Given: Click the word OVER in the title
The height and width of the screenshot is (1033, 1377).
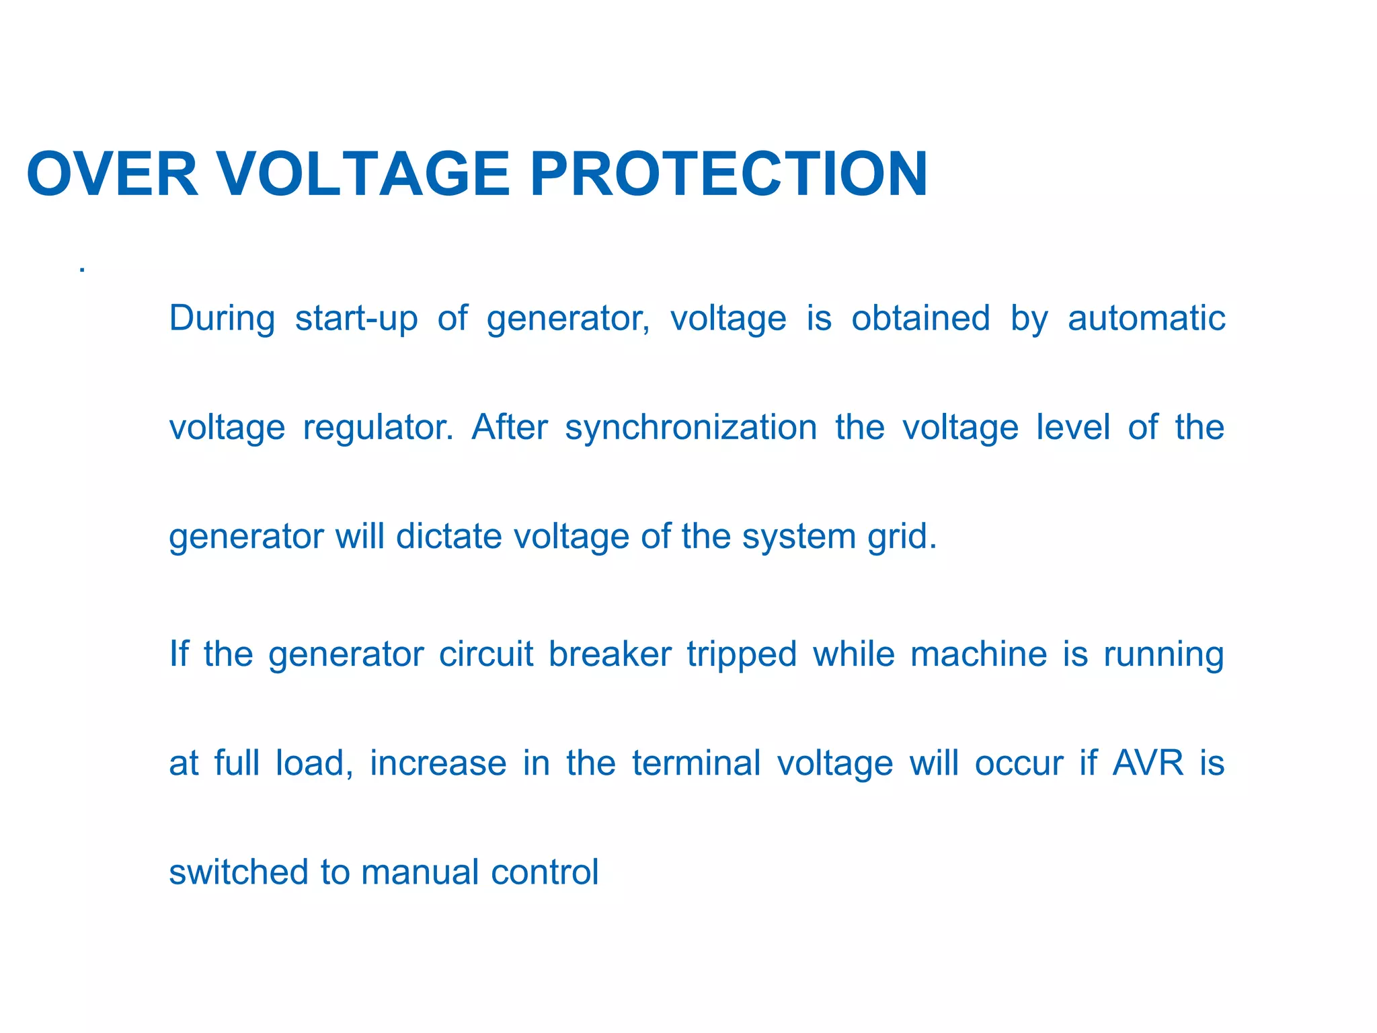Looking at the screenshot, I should click(112, 174).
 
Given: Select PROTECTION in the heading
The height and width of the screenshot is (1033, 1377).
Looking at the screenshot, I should click(729, 174).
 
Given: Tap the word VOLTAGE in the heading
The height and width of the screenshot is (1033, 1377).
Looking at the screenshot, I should click(364, 174).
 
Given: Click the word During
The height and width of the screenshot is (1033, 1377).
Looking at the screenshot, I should click(222, 319).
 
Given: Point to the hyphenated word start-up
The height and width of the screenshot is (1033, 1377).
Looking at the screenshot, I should click(356, 319).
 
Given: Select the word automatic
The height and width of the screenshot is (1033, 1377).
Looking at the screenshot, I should click(1146, 319).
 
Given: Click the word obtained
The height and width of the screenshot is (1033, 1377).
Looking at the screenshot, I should click(920, 319).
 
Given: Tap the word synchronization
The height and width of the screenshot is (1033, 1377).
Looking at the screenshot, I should click(691, 428).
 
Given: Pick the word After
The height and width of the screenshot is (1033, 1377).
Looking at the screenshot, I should click(510, 428).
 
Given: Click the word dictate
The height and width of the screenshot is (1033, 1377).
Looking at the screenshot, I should click(449, 537).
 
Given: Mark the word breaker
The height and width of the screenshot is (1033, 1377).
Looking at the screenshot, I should click(610, 654).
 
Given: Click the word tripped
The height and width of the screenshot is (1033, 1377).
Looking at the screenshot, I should click(742, 655).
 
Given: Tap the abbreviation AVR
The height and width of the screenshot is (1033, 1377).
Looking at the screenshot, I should click(1148, 763).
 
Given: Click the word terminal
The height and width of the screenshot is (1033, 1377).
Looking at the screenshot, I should click(697, 763).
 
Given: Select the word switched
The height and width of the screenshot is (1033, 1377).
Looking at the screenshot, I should click(238, 872).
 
